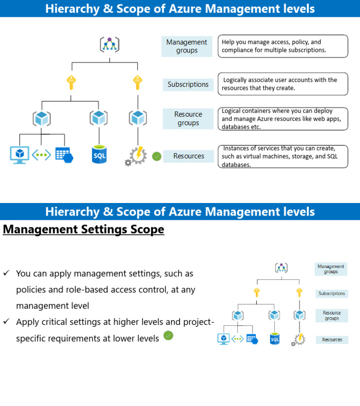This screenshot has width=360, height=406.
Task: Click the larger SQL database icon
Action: pos(99,154)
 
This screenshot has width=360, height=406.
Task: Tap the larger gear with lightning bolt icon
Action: pos(136,155)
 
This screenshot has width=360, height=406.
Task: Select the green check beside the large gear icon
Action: pos(157,156)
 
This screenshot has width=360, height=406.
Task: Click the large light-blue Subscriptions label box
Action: pos(188,84)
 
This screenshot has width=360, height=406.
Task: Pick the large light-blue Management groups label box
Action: pos(187,46)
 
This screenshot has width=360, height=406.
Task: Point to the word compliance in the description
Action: pos(239,50)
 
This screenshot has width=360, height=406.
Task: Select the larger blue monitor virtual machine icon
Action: pos(20,154)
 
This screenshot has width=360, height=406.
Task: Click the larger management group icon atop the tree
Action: pos(109,45)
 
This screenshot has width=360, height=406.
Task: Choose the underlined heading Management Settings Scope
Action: pos(83,229)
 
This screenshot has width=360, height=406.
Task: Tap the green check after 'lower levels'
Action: pos(168,336)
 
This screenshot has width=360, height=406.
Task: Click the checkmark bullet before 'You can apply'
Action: pos(6,273)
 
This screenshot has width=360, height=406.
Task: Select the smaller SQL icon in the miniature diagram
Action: pos(275,338)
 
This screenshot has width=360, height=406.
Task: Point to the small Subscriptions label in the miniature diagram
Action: pos(331,293)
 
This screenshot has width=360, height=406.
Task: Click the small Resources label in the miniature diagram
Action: pos(332,339)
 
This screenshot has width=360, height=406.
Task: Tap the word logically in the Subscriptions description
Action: pos(238,80)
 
